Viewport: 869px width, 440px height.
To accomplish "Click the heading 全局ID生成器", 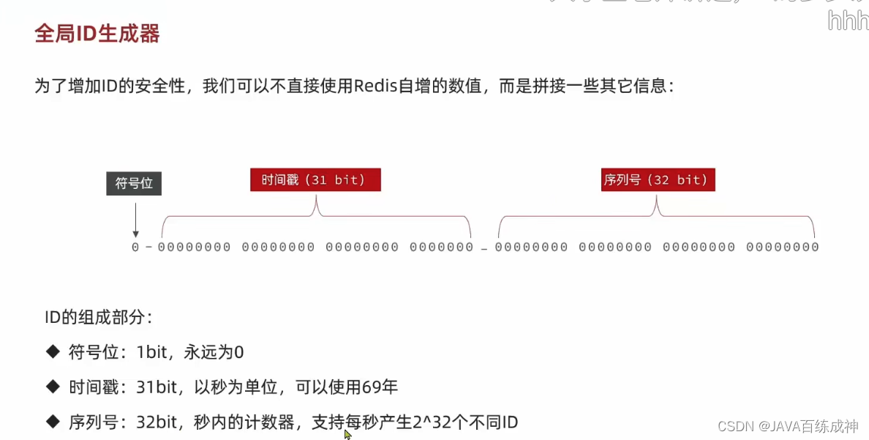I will (x=97, y=34).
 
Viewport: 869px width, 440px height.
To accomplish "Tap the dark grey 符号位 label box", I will (x=134, y=183).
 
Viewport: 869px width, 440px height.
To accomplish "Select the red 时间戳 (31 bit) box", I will (x=315, y=180).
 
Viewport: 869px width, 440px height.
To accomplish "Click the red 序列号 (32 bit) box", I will (x=656, y=180).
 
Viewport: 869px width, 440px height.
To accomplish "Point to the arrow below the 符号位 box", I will (x=135, y=219).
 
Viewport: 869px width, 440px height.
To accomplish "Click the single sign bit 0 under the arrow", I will (x=135, y=247).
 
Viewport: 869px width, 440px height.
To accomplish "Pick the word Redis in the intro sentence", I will (x=375, y=86).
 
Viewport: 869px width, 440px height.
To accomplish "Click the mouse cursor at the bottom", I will (x=347, y=434).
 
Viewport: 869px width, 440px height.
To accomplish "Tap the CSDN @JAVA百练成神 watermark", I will (x=788, y=426).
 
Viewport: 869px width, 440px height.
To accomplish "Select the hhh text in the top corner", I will (x=848, y=21).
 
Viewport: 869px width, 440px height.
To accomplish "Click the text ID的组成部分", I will (x=98, y=318).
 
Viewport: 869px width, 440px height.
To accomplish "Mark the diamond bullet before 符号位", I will (x=52, y=352).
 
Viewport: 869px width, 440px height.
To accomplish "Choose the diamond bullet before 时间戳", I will (x=52, y=387).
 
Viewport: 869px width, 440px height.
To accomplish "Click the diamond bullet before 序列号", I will (x=52, y=422).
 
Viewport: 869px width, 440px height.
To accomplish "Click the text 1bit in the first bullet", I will (x=152, y=352).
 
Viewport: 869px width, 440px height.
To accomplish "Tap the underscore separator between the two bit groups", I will (x=484, y=250).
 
